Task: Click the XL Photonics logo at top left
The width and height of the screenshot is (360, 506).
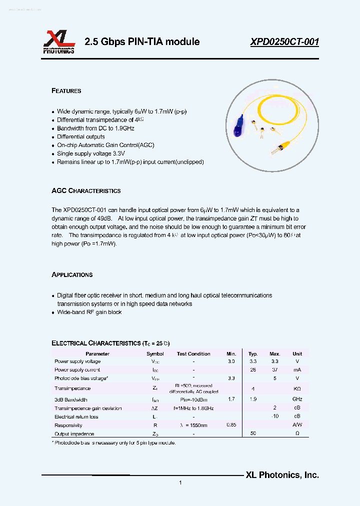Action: click(58, 42)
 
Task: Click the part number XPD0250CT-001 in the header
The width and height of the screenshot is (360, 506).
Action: click(284, 42)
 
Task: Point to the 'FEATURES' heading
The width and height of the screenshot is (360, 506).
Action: click(66, 91)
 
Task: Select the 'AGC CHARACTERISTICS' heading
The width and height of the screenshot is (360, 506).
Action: click(86, 191)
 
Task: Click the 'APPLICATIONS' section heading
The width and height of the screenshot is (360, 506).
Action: click(72, 275)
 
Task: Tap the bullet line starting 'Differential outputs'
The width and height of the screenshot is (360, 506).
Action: click(80, 136)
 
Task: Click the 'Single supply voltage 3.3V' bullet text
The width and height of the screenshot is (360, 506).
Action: click(90, 153)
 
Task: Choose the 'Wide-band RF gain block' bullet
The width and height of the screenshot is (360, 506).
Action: click(89, 312)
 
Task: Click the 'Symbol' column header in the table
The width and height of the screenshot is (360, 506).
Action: click(155, 353)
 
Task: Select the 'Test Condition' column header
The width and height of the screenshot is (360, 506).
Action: click(193, 353)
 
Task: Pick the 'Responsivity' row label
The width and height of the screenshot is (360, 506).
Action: click(68, 425)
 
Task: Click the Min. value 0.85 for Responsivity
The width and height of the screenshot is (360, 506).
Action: click(231, 425)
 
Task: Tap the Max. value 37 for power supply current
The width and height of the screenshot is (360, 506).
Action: click(274, 369)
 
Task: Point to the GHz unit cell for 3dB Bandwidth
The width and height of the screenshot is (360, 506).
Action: click(297, 399)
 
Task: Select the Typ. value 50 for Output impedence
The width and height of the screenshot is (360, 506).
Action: click(253, 433)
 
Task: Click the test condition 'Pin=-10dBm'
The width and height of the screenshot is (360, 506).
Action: click(193, 399)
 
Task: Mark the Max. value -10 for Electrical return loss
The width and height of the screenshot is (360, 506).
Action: click(274, 416)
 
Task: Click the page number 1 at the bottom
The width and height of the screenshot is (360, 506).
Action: click(180, 482)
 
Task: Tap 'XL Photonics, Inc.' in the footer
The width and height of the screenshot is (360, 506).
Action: click(282, 475)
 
